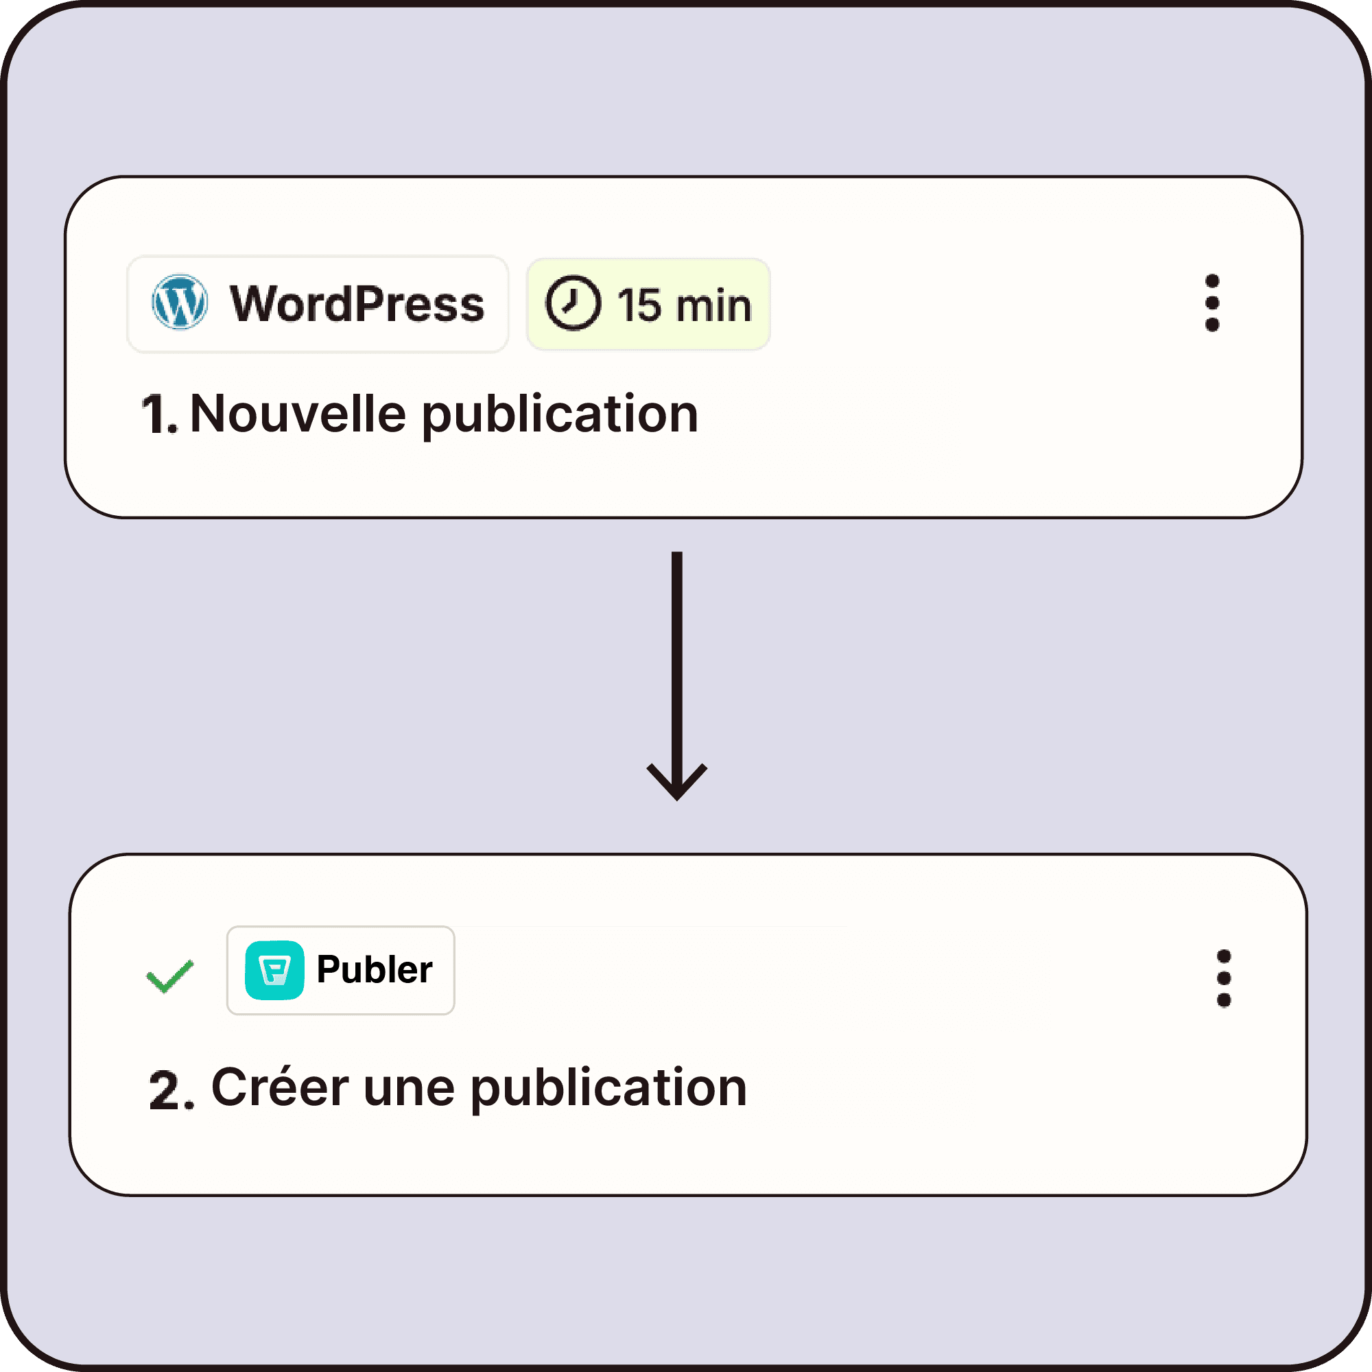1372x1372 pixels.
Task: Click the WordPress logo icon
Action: pos(180,303)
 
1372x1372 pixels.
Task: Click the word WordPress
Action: pos(357,304)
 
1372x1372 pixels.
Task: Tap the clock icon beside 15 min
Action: pos(572,303)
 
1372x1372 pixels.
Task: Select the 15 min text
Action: pos(684,305)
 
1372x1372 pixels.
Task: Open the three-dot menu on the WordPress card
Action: pos(1212,303)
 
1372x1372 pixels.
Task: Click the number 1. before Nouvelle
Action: pos(158,415)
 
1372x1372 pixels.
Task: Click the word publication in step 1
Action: pos(560,415)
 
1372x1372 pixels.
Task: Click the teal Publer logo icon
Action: pos(274,970)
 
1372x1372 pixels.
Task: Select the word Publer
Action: pos(375,970)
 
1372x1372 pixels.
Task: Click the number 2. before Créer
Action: pos(171,1091)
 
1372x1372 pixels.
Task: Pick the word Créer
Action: pos(280,1088)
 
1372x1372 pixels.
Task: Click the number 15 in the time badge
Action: pos(639,305)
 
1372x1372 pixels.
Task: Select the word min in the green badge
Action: pos(713,305)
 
